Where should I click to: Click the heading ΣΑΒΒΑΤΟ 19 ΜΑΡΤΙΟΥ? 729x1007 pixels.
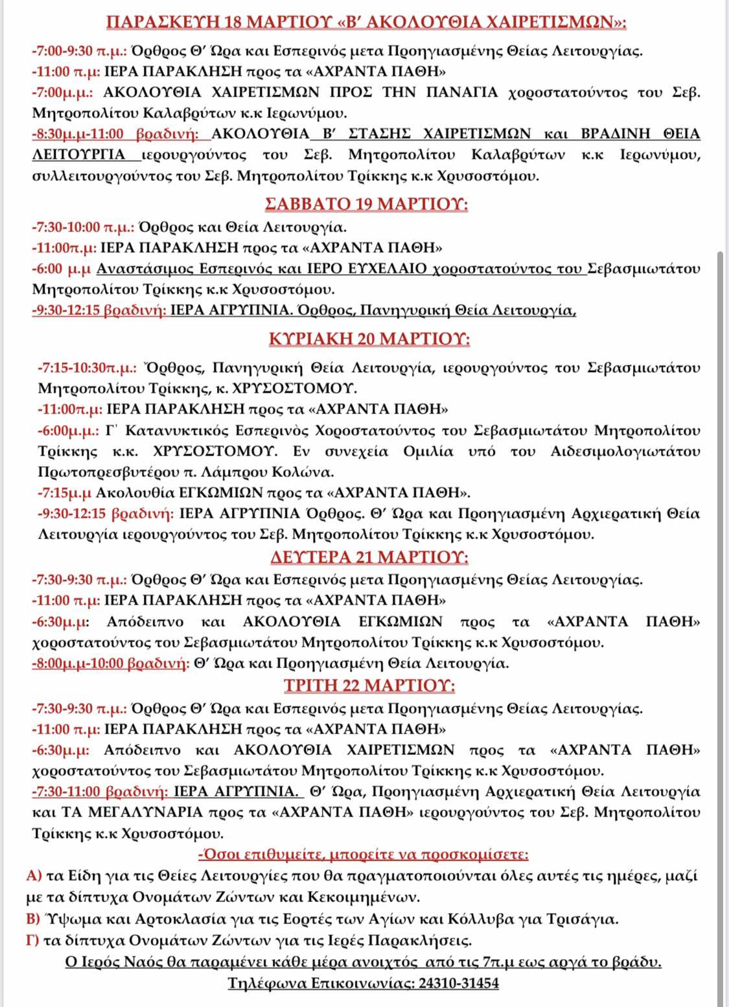click(x=367, y=204)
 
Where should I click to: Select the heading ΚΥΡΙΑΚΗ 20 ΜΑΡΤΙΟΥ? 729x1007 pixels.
click(x=369, y=339)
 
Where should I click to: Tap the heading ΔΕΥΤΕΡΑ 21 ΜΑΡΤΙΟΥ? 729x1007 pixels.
click(x=369, y=557)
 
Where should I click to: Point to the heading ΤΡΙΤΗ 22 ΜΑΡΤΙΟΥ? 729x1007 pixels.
click(x=369, y=686)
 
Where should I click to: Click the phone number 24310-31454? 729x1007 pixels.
click(x=459, y=983)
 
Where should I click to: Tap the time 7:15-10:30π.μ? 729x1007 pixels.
click(x=87, y=367)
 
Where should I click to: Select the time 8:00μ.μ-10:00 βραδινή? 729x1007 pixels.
click(x=110, y=663)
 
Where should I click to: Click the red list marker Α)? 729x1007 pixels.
click(x=34, y=875)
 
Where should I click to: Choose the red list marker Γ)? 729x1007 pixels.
click(x=33, y=940)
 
